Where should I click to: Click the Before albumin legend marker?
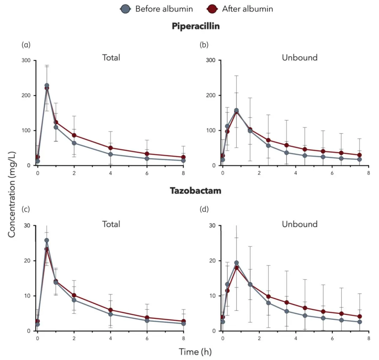point(126,9)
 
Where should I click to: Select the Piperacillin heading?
point(195,26)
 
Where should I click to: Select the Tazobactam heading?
point(195,191)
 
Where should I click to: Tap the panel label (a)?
point(26,45)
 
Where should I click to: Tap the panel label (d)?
point(204,210)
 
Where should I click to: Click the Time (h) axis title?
point(195,351)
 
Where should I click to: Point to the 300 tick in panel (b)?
point(211,60)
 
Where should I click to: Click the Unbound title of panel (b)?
point(300,57)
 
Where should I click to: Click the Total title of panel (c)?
point(111,224)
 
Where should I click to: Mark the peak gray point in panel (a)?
point(47,86)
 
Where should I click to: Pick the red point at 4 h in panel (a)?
point(111,148)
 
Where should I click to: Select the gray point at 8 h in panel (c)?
point(183,324)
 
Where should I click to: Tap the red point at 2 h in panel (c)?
point(74,296)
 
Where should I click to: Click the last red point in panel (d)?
point(359,317)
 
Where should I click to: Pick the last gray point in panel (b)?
point(359,159)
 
